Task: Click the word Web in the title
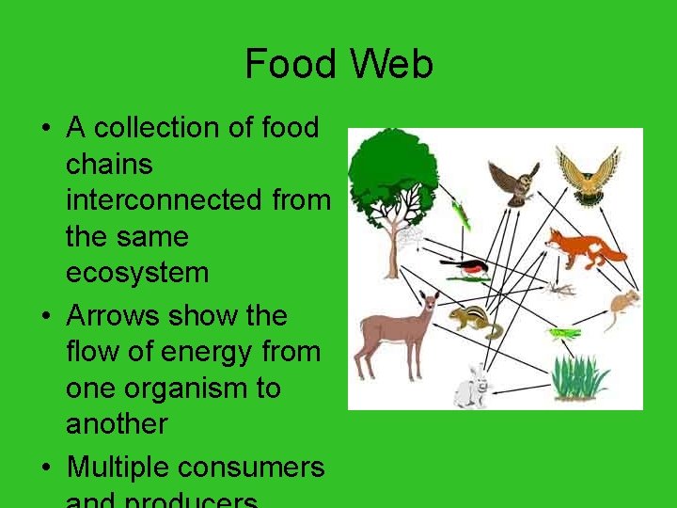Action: (393, 65)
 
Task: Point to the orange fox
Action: (582, 246)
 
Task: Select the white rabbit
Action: (471, 387)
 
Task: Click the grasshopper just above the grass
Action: (565, 332)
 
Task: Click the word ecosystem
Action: (136, 273)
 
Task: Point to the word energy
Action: (207, 352)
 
